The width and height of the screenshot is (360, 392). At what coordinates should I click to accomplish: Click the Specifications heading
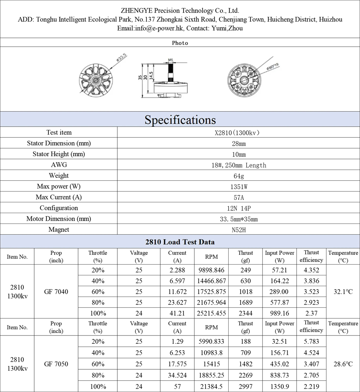point(180,120)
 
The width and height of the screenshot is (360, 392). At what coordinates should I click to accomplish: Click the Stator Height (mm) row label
point(59,154)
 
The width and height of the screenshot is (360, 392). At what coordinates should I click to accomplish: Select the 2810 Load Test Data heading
point(180,242)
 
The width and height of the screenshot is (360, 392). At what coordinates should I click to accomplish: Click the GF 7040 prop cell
point(56,292)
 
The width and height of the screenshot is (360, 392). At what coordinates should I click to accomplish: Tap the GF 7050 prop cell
point(56,364)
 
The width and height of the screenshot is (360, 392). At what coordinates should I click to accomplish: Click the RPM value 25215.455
point(212,314)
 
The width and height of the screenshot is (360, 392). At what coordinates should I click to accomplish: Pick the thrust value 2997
point(246,387)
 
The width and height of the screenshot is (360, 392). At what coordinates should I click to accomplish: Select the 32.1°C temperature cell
point(343,292)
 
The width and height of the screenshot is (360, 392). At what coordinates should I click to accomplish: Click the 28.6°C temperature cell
point(343,364)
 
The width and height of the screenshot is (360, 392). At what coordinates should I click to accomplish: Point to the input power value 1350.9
point(279,387)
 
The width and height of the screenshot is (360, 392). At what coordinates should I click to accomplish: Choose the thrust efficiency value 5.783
point(311,342)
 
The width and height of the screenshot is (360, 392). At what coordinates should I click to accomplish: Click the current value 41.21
point(177,314)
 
